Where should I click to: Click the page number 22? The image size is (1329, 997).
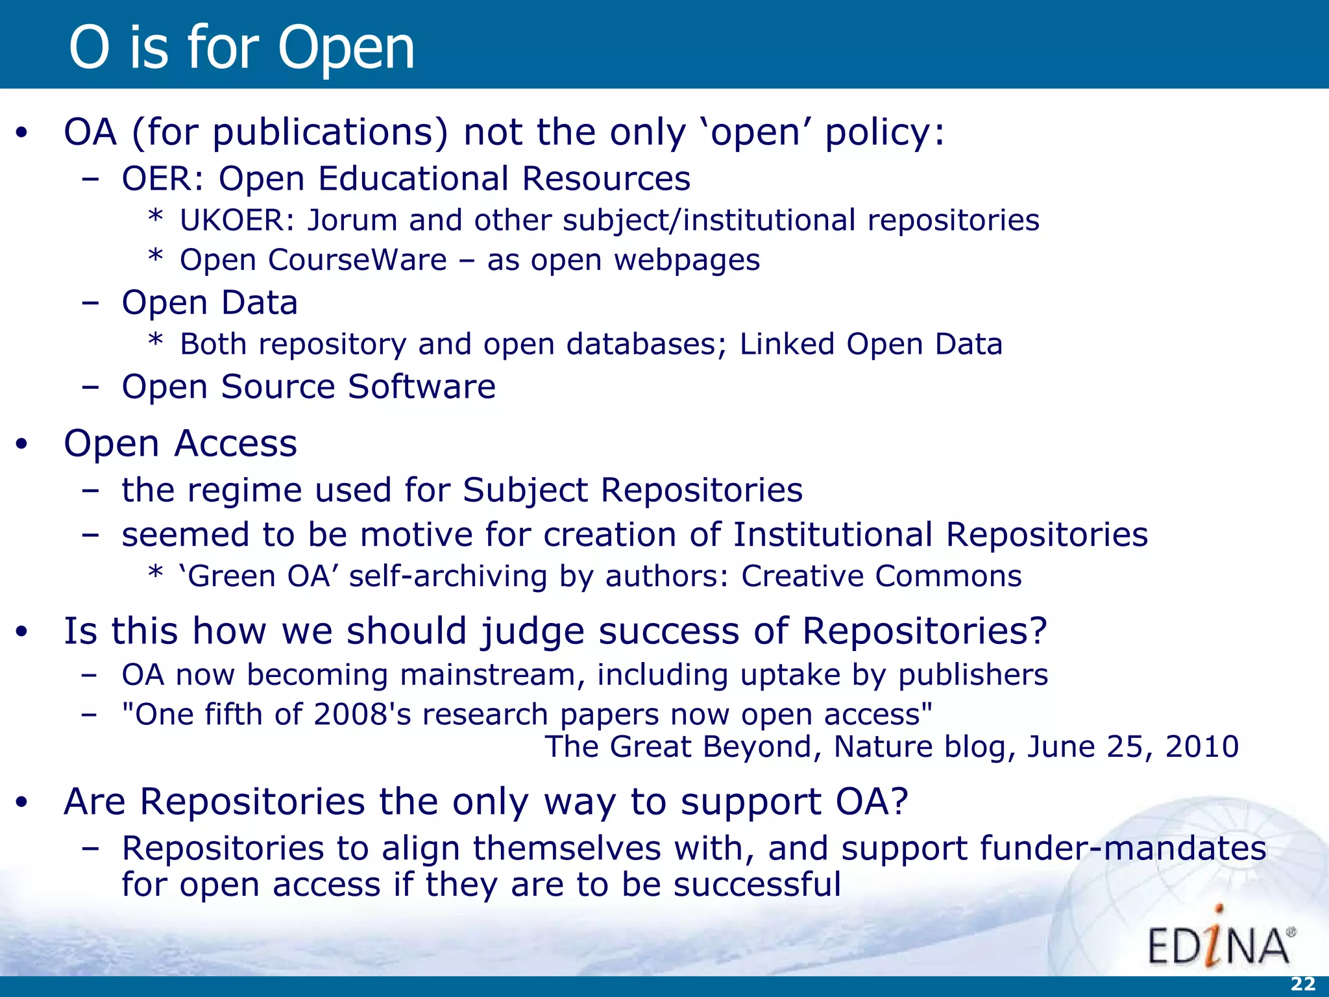point(1302,984)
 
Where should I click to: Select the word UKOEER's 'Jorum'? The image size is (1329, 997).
point(351,221)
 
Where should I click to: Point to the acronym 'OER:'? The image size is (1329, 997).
point(163,178)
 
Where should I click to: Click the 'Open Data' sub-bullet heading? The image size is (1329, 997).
point(210,302)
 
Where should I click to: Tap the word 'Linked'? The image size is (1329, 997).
point(786,344)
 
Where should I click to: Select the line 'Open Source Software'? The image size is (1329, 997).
point(308,387)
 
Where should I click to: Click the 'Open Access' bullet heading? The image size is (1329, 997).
point(180,444)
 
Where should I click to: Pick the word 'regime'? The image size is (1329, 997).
point(244,490)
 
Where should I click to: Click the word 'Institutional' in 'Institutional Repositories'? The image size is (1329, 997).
point(833,535)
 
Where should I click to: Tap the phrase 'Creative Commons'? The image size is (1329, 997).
point(881,576)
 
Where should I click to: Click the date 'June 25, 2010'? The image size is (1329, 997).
point(1132,746)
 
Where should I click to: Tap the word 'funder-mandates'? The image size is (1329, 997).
point(1123,848)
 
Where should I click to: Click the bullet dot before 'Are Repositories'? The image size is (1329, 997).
point(22,803)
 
